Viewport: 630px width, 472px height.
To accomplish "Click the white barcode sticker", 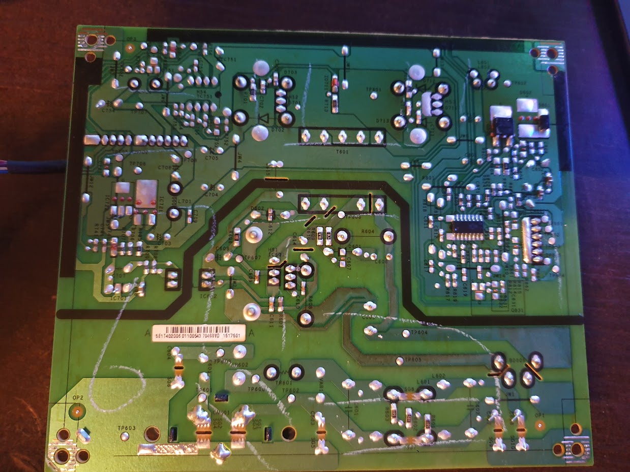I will pyautogui.click(x=199, y=333).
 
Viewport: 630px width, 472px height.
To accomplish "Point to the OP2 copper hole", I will pyautogui.click(x=77, y=410).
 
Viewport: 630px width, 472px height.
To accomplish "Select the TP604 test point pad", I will pyautogui.click(x=406, y=334).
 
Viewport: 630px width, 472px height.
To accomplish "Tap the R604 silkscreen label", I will pyautogui.click(x=367, y=231).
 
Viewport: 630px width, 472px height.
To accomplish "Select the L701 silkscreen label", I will pyautogui.click(x=185, y=202).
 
